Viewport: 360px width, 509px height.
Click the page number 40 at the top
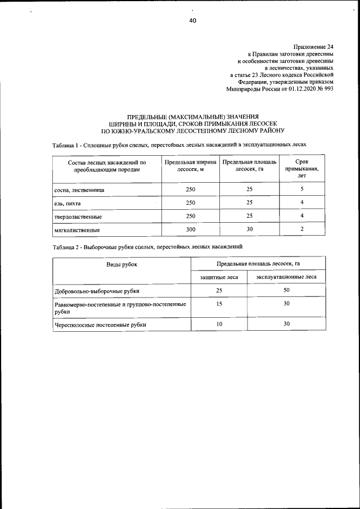pos(192,21)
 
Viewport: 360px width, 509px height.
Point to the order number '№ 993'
pos(326,89)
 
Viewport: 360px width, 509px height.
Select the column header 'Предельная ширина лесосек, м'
pos(190,165)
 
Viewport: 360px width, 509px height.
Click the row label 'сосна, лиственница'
pos(79,190)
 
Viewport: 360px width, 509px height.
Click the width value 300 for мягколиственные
pos(190,229)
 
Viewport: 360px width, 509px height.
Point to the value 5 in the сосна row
pos(301,189)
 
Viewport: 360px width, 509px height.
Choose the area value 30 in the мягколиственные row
pos(249,229)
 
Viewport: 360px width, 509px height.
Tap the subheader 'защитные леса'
pos(219,277)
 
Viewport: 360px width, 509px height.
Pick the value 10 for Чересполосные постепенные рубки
pos(219,324)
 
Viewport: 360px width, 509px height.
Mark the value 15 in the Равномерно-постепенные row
pos(219,304)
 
